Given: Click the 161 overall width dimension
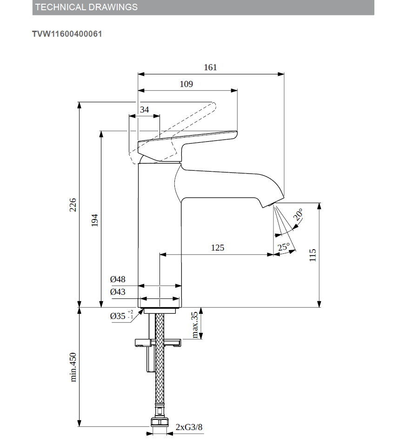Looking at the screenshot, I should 210,67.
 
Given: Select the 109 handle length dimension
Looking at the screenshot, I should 186,84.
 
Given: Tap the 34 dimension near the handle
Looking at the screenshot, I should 145,110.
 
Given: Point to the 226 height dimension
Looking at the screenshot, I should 73,205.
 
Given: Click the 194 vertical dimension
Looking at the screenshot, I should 94,220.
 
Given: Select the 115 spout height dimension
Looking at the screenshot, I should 313,255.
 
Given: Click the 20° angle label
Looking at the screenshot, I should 298,215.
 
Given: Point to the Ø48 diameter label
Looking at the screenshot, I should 118,279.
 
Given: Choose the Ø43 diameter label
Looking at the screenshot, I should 118,292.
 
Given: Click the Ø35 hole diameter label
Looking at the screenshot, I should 119,316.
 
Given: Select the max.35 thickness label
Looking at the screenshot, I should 195,324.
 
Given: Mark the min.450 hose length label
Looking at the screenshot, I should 73,367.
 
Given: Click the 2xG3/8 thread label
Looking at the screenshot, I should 189,427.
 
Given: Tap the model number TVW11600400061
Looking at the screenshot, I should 67,34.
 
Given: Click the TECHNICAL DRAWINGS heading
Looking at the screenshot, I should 87,7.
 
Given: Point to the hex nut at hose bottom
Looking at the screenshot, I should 160,423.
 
